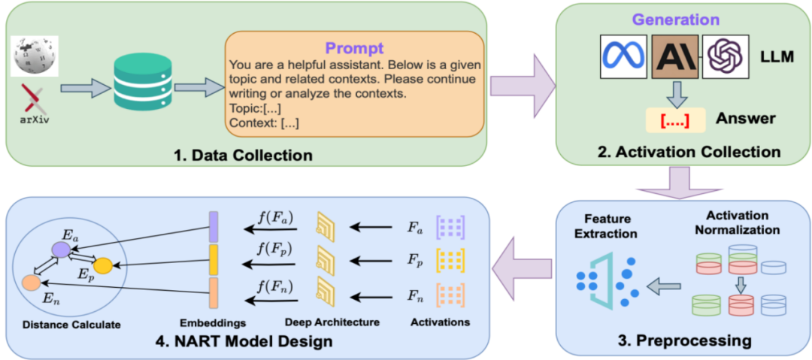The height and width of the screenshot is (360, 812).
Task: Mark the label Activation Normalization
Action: click(735, 223)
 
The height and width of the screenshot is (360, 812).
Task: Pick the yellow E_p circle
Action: click(102, 265)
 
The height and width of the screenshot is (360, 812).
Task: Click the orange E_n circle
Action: click(31, 283)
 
